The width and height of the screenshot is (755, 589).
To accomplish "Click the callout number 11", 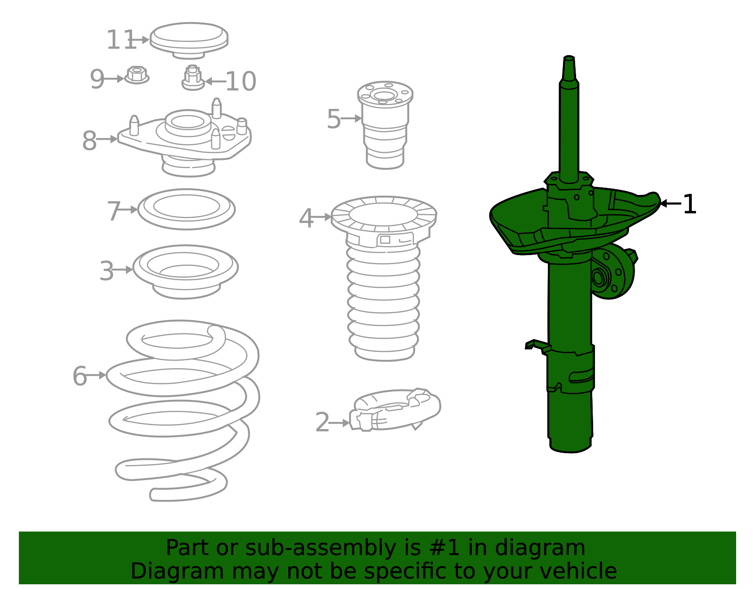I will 121,40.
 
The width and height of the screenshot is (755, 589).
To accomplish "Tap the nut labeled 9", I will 137,75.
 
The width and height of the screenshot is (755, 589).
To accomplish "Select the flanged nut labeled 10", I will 193,78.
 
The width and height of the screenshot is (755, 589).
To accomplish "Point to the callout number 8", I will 89,141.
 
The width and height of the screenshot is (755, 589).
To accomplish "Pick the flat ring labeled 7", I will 186,209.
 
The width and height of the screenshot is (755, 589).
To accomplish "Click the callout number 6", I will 79,376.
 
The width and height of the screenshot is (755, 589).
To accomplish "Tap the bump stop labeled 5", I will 385,125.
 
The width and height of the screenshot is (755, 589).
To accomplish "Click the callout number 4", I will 306,218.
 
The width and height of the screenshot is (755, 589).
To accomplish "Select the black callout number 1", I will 689,205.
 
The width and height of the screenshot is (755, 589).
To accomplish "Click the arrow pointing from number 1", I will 670,203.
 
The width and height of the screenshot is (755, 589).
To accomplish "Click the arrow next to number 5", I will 352,118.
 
